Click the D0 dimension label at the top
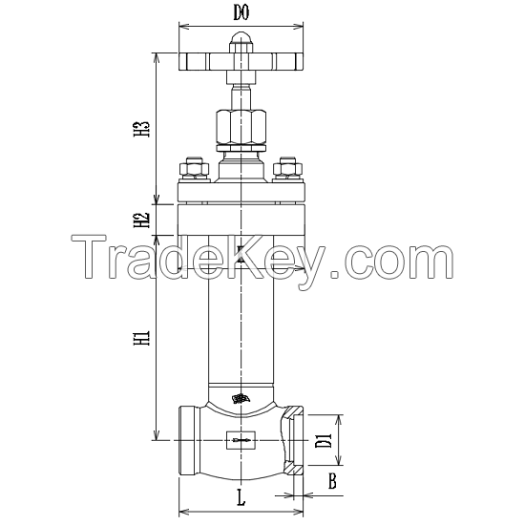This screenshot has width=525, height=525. [x=241, y=13]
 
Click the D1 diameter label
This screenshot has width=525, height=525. [x=323, y=440]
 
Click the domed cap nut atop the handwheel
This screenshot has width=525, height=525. [x=241, y=41]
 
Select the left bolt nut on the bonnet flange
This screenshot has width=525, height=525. [x=194, y=169]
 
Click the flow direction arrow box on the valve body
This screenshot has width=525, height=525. [x=241, y=440]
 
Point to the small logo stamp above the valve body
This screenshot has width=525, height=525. [x=241, y=398]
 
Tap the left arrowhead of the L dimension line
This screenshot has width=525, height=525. [x=182, y=495]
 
